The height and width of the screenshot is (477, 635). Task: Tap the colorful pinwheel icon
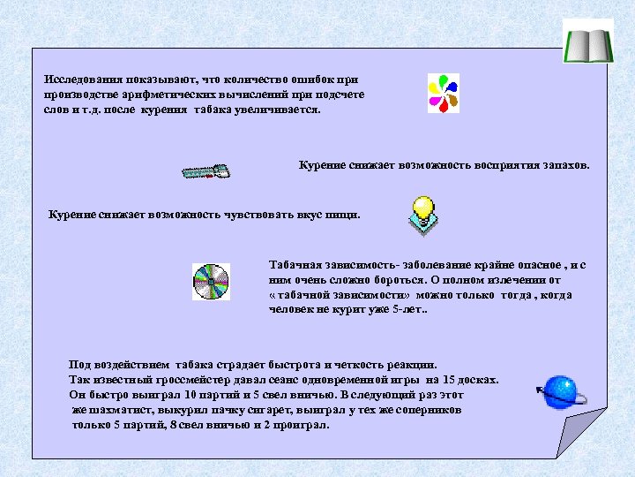coord(443,93)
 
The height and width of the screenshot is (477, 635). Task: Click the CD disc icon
coord(211,282)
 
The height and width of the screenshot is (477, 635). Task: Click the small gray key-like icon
coord(206,171)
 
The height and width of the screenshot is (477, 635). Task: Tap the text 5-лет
coord(409,310)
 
